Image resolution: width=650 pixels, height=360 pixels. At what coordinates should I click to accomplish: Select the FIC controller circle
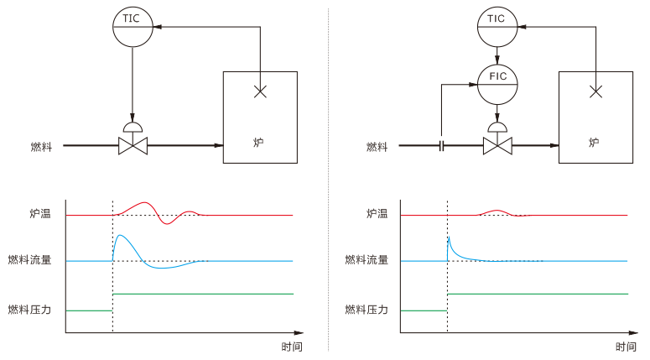tap(498, 83)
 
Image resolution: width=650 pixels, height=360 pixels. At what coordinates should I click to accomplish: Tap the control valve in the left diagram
tap(133, 144)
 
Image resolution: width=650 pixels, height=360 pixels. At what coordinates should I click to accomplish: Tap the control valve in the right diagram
tap(498, 144)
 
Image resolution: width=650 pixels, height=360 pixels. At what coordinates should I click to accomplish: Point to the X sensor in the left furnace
tap(260, 91)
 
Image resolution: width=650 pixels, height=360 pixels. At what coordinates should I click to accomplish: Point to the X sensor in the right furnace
tap(595, 91)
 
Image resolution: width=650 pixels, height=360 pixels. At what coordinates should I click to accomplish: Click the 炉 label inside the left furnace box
tap(259, 143)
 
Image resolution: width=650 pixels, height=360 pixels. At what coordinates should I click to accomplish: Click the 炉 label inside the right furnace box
tap(595, 143)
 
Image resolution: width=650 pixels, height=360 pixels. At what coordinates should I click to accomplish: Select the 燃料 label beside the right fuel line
tap(377, 147)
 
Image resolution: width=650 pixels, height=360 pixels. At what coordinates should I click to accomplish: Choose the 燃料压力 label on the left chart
tap(29, 310)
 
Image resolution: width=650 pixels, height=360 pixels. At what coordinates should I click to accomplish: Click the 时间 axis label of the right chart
tap(626, 347)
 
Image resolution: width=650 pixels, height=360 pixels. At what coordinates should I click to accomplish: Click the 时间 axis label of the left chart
tap(292, 347)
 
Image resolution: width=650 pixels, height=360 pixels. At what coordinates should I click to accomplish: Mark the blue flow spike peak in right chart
tap(449, 239)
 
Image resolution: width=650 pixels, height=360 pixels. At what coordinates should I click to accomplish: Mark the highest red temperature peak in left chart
tap(144, 203)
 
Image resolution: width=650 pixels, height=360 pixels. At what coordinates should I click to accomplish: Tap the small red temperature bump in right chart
tap(496, 211)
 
